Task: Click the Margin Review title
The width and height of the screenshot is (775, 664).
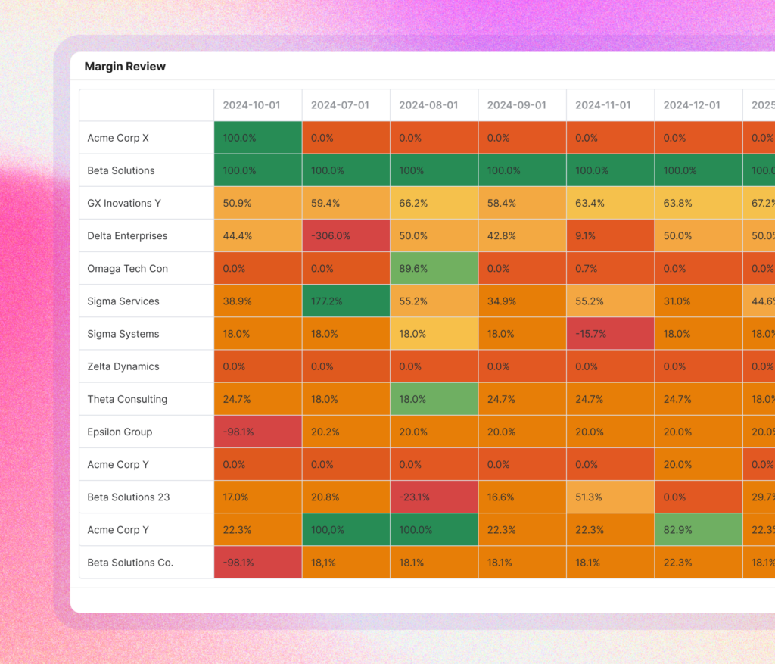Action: [125, 67]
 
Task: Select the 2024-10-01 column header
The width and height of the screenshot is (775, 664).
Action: [257, 105]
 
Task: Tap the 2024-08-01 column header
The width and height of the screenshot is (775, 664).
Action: [434, 105]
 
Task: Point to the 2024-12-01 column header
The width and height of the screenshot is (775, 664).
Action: [698, 105]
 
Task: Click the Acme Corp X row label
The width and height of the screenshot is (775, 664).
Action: [118, 138]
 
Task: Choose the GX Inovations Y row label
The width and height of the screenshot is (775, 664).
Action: [124, 203]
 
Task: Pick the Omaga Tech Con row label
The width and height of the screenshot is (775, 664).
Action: [127, 268]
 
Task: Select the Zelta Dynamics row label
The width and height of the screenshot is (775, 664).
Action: [123, 366]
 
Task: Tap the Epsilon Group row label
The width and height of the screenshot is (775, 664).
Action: [120, 432]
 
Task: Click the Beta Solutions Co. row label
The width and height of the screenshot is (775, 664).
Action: [130, 563]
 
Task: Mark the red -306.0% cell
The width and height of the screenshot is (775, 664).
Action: [346, 235]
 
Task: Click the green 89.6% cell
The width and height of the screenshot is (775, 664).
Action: [434, 268]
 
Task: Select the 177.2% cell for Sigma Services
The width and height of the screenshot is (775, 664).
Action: [346, 301]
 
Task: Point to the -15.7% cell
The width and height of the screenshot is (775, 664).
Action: [610, 334]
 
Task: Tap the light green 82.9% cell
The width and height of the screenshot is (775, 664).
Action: [698, 530]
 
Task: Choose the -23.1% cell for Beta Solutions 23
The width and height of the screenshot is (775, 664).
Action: [434, 497]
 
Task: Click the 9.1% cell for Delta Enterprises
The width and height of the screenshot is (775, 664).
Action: [610, 235]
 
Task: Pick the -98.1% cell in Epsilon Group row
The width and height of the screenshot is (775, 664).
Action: [257, 432]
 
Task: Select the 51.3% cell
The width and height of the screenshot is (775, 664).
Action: [610, 497]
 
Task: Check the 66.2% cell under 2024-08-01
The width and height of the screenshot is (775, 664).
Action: [434, 203]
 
